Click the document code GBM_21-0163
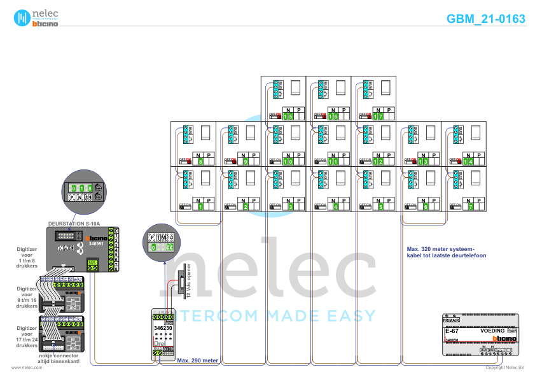[486, 18]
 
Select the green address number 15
[289, 117]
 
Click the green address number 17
[379, 117]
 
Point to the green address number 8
[200, 162]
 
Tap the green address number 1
[200, 206]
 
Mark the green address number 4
[335, 206]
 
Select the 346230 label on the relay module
[163, 327]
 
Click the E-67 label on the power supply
[452, 331]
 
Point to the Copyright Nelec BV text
[504, 368]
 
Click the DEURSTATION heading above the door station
[73, 224]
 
